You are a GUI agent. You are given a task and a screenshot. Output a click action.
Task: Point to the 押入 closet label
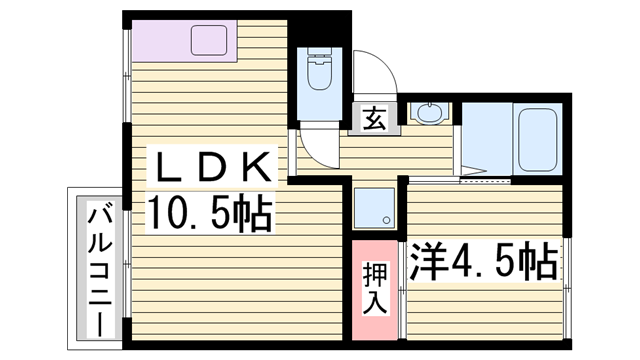(374, 288)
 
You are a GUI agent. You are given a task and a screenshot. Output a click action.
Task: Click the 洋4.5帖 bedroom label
(483, 263)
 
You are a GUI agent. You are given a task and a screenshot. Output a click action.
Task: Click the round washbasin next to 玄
(430, 114)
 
